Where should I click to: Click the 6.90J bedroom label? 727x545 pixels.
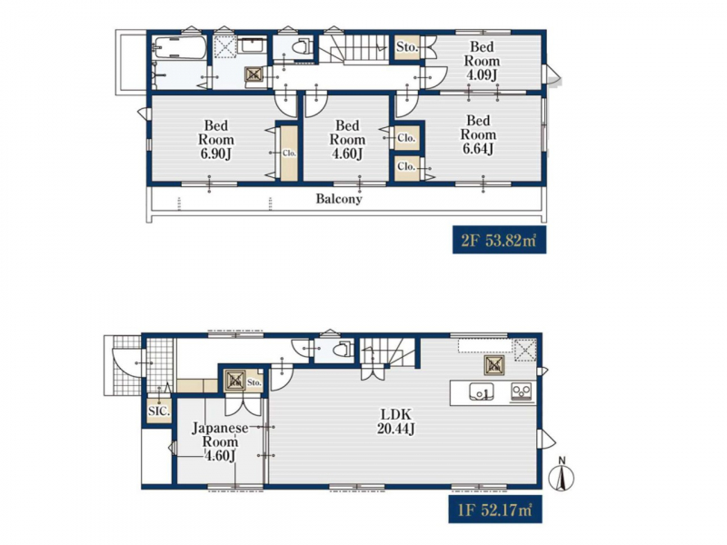216,140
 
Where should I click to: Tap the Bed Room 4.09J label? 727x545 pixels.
482,61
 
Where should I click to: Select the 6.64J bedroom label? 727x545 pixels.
478,134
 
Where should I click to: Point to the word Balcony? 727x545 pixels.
339,199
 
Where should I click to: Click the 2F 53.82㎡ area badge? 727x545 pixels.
499,241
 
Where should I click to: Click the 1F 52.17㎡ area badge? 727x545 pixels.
495,510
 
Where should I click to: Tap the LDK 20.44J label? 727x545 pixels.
395,421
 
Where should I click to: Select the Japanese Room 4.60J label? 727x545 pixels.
220,441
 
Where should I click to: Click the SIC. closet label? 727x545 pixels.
159,411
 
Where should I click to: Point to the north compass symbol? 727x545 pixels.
562,475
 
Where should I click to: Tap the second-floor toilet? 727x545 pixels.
302,47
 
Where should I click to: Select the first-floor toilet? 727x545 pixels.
342,349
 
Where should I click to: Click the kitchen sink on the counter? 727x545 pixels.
482,391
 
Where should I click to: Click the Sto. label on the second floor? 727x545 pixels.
407,47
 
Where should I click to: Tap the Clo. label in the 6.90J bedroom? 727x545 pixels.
289,153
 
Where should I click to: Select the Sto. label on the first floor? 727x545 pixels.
254,382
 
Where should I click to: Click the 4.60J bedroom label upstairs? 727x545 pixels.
347,140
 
